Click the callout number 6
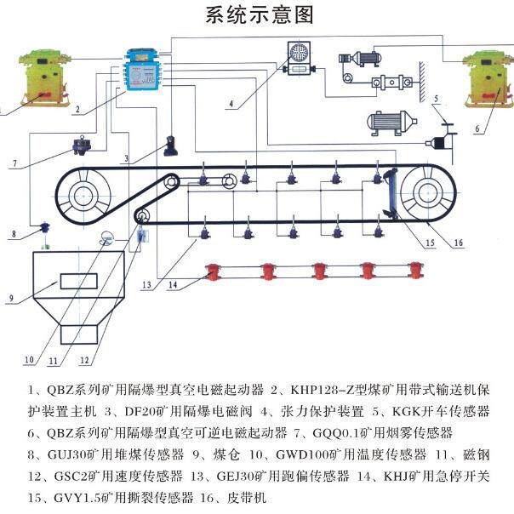click(x=477, y=129)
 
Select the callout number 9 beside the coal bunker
click(x=11, y=298)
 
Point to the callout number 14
click(x=174, y=285)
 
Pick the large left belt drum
click(x=89, y=197)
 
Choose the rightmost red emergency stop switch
click(x=416, y=271)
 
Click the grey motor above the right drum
click(x=394, y=123)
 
